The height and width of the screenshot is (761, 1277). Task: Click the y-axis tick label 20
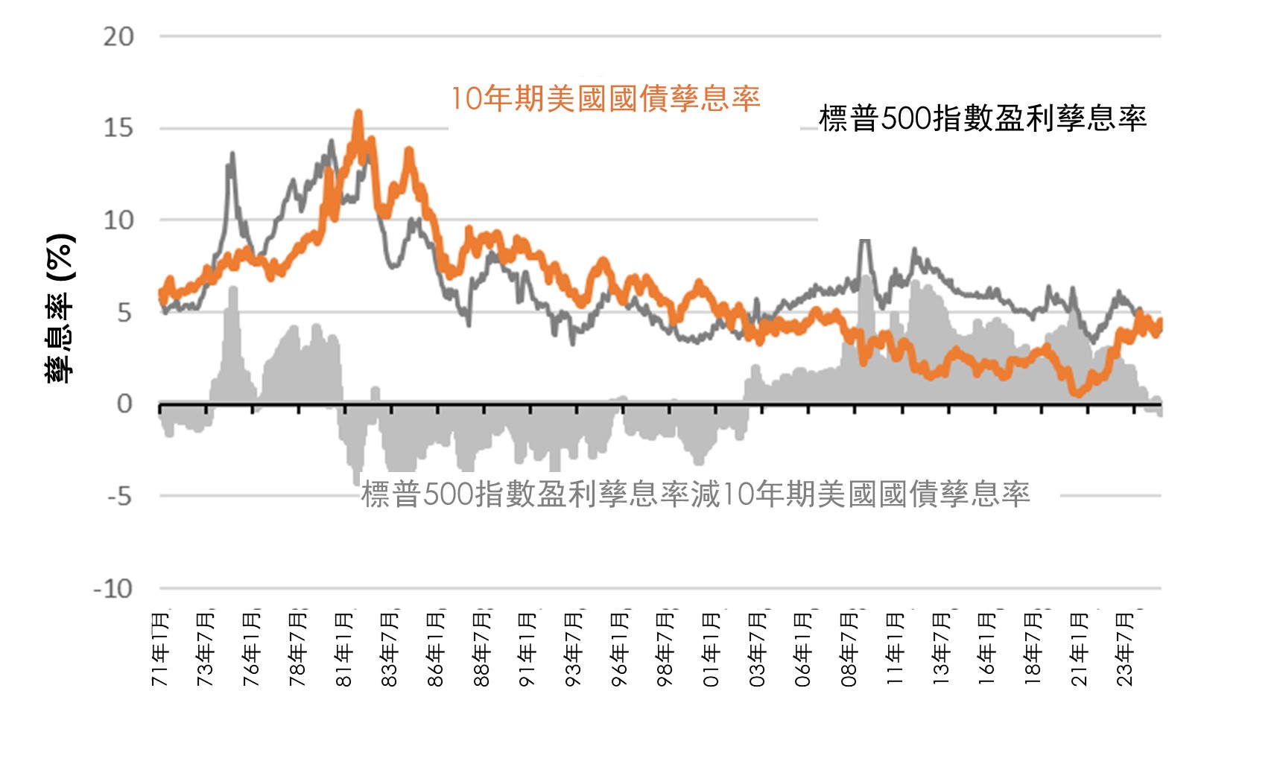tap(118, 36)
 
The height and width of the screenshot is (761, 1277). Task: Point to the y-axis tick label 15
tap(118, 128)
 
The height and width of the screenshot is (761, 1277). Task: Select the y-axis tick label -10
tap(113, 589)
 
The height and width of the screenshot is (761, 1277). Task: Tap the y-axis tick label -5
tap(118, 496)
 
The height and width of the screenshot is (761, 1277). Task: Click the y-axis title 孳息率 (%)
tap(60, 308)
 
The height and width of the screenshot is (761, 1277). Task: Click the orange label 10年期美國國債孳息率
tap(605, 98)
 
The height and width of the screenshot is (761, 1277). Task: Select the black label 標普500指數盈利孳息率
tap(982, 118)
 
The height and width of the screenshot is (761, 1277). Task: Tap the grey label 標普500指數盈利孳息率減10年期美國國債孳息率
tap(695, 494)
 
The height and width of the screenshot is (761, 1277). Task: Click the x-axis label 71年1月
tap(161, 649)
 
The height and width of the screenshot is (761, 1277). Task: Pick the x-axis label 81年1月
tap(344, 649)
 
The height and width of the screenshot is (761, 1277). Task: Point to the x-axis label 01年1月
tap(712, 649)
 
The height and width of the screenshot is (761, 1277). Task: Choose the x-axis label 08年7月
tap(849, 649)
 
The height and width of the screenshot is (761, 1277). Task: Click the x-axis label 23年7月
tap(1125, 649)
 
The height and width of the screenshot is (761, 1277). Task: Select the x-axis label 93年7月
tap(574, 649)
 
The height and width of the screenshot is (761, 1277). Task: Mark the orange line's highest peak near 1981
tap(358, 114)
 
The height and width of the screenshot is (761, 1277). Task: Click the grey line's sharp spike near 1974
tap(232, 154)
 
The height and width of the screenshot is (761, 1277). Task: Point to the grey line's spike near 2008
tap(864, 241)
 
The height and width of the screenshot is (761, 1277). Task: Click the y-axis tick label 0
tap(124, 404)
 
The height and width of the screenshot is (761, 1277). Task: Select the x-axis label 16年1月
tap(987, 649)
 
